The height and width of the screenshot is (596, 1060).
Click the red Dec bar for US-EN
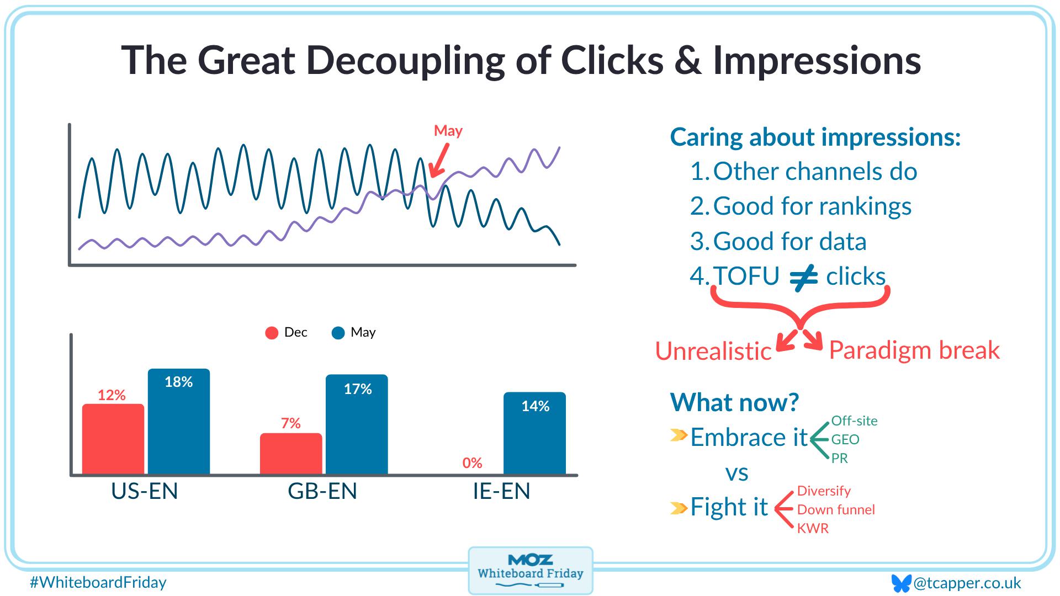113,439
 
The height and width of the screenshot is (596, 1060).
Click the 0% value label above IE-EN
473,462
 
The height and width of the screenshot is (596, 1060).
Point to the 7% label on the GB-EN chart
291,423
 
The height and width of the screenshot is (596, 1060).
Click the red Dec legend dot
272,333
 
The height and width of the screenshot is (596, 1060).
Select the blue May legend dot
338,333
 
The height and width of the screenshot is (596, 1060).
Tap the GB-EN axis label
322,491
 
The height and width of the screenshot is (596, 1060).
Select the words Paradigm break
914,350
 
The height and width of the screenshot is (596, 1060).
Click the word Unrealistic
713,352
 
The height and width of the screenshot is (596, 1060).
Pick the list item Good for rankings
812,206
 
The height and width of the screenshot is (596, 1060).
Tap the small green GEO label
845,439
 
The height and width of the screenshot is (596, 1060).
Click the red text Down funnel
836,509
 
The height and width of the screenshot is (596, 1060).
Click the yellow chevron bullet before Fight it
679,507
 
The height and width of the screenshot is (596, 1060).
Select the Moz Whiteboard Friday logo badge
530,571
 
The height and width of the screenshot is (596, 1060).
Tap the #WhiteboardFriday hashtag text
98,582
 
